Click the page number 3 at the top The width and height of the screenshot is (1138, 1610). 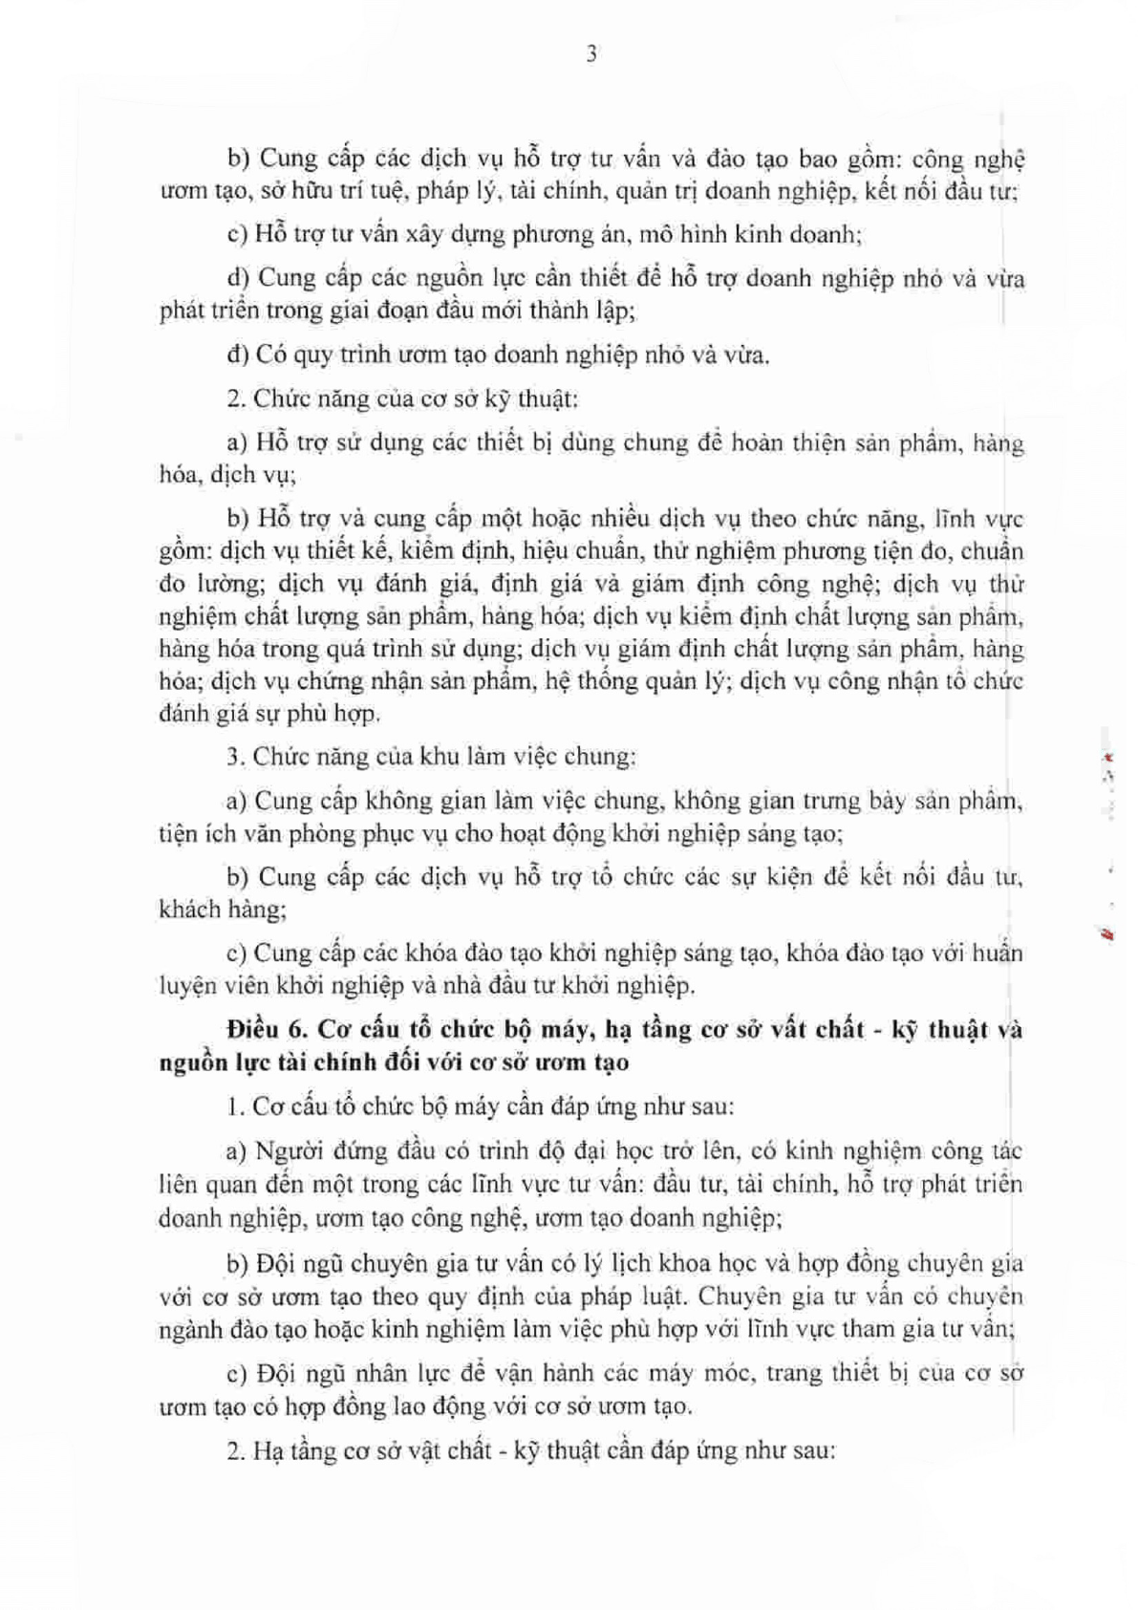[x=591, y=55]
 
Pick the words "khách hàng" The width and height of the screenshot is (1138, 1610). [x=222, y=910]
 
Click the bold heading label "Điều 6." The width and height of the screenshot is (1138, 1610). [x=267, y=1030]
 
